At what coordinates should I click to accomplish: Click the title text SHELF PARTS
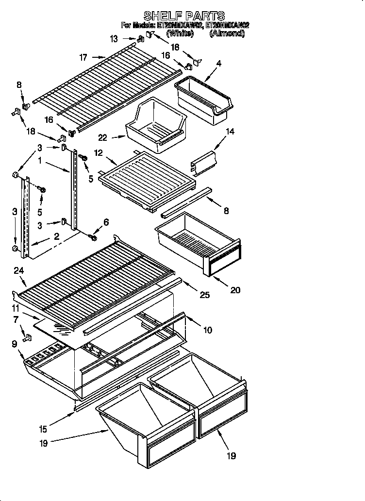tap(184, 16)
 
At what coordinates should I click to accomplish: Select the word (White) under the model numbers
tap(180, 33)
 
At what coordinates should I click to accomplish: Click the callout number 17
tap(83, 57)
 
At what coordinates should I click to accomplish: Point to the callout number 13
tap(114, 39)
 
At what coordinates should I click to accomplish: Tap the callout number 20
tap(235, 290)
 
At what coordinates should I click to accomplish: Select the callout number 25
tap(204, 295)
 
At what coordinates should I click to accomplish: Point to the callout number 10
tap(207, 331)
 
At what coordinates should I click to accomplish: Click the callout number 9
tap(14, 344)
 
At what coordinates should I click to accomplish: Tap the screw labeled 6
tap(93, 237)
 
